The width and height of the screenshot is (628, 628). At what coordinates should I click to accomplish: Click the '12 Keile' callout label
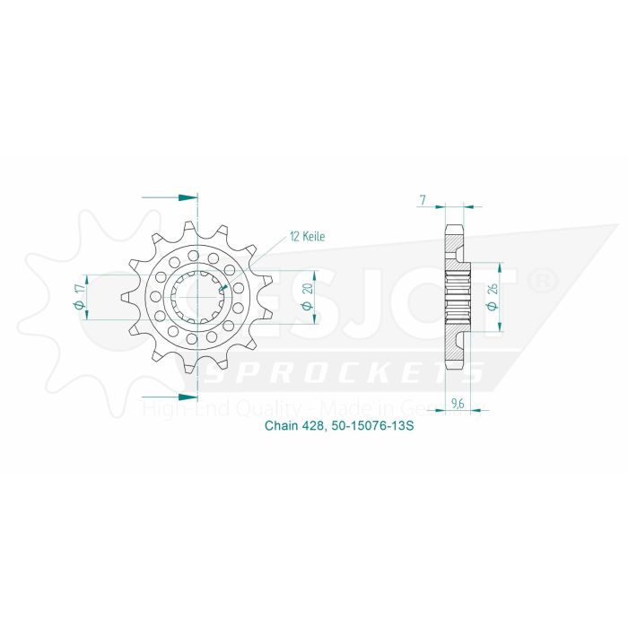(306, 237)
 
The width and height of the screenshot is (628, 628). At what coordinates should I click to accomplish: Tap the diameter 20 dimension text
(307, 295)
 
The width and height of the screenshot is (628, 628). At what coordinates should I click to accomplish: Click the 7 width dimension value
(422, 200)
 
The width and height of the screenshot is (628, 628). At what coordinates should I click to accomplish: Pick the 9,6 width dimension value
(457, 404)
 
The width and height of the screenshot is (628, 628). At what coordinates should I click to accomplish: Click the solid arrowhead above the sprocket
(187, 196)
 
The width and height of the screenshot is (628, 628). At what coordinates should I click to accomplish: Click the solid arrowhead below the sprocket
(187, 396)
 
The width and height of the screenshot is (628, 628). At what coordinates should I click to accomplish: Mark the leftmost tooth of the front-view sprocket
(126, 295)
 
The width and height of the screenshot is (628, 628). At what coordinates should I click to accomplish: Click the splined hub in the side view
(458, 296)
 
